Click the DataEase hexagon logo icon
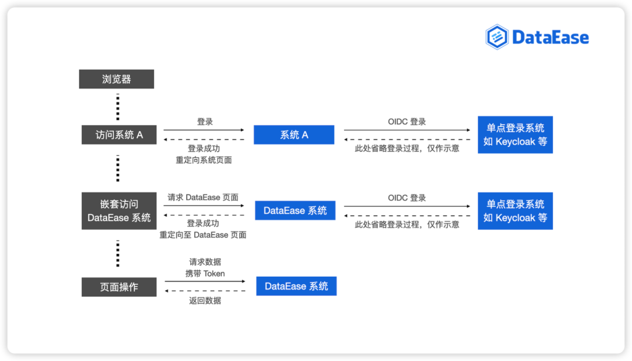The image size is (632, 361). (497, 37)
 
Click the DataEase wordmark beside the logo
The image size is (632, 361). (551, 37)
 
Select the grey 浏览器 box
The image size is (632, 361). (116, 79)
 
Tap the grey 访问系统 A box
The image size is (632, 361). (119, 135)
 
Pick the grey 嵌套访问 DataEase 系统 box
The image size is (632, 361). (119, 211)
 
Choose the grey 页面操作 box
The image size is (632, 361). (119, 287)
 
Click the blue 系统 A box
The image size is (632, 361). (294, 135)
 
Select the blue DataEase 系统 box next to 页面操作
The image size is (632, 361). (296, 286)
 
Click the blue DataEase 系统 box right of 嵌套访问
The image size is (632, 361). (295, 210)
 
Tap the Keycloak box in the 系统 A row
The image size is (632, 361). (515, 135)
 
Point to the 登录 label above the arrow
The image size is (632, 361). (205, 122)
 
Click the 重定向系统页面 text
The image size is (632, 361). (204, 160)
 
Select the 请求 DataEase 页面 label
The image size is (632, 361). (203, 197)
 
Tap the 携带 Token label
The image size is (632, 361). (205, 274)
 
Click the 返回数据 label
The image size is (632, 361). (205, 301)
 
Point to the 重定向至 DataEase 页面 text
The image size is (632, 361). (202, 235)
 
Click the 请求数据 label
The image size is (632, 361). (205, 262)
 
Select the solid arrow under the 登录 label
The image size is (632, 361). (204, 130)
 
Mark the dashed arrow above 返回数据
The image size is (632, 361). (205, 290)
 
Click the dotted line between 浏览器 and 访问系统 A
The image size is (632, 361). (118, 106)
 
